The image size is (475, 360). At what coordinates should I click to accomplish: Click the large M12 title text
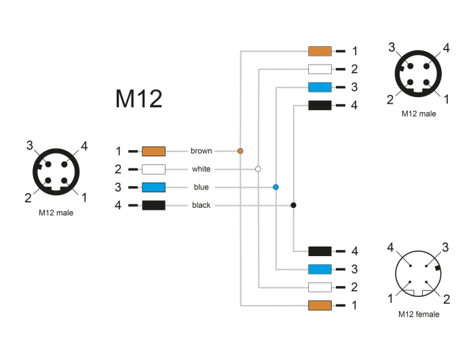coord(138,99)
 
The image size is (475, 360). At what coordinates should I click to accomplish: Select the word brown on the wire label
coord(201,151)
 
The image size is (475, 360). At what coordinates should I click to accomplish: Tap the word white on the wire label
coord(201,168)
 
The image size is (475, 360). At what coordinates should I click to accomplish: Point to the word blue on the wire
coord(201,187)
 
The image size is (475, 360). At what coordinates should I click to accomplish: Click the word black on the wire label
coord(201,205)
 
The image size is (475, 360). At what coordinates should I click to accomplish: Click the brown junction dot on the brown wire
coord(240,151)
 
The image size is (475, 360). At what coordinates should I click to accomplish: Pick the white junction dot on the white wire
coord(258,168)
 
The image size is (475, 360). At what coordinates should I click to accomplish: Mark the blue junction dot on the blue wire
coord(275,187)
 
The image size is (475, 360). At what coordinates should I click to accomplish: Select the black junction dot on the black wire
coord(293,205)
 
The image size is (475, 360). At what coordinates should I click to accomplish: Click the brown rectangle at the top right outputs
coord(320,51)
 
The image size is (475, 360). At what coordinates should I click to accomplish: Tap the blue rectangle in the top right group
coord(320,87)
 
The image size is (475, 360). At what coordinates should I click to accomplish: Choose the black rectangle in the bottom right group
coord(320,251)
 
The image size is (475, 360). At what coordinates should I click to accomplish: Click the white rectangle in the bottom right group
coord(320,287)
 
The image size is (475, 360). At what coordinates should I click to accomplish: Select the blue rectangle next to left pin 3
coord(153,187)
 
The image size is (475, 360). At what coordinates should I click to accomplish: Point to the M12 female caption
coord(419,314)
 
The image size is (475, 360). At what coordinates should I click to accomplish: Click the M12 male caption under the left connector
coord(56,213)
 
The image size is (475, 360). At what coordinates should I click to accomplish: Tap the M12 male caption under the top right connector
coord(419,113)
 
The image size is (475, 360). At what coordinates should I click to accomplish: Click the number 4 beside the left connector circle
coord(84,145)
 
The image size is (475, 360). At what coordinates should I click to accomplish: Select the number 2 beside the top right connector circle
coord(390,101)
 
